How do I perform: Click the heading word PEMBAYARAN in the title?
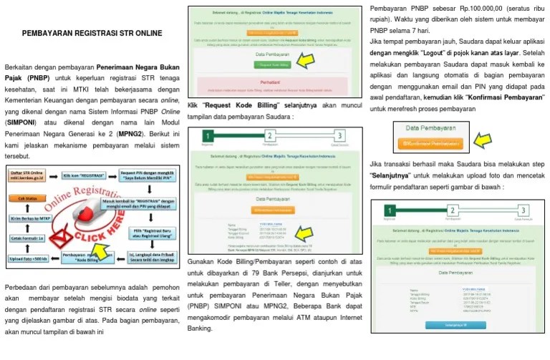[x=48, y=33]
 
